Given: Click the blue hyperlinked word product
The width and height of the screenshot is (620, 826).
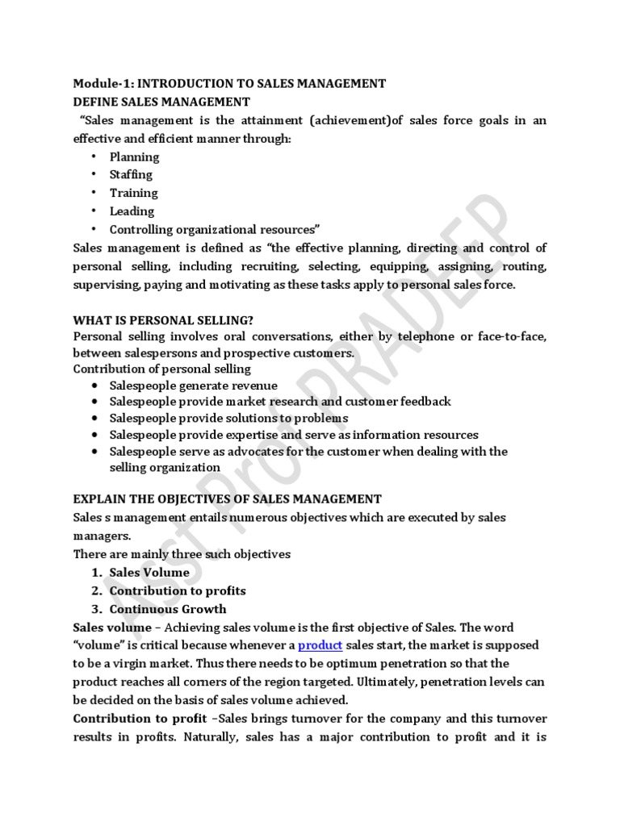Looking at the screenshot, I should (x=320, y=645).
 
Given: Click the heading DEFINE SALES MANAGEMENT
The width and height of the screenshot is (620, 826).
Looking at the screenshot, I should (x=161, y=102).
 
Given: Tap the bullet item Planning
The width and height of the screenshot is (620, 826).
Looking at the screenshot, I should (x=135, y=156).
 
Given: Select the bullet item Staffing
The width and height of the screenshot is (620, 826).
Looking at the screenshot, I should (x=131, y=174).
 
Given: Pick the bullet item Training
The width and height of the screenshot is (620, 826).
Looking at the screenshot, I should (x=134, y=193).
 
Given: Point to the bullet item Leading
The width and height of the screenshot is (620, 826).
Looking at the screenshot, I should (x=132, y=211).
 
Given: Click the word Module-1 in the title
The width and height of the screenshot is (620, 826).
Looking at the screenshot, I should (x=99, y=83).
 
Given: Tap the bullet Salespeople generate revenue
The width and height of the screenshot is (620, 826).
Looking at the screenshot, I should (x=193, y=386).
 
